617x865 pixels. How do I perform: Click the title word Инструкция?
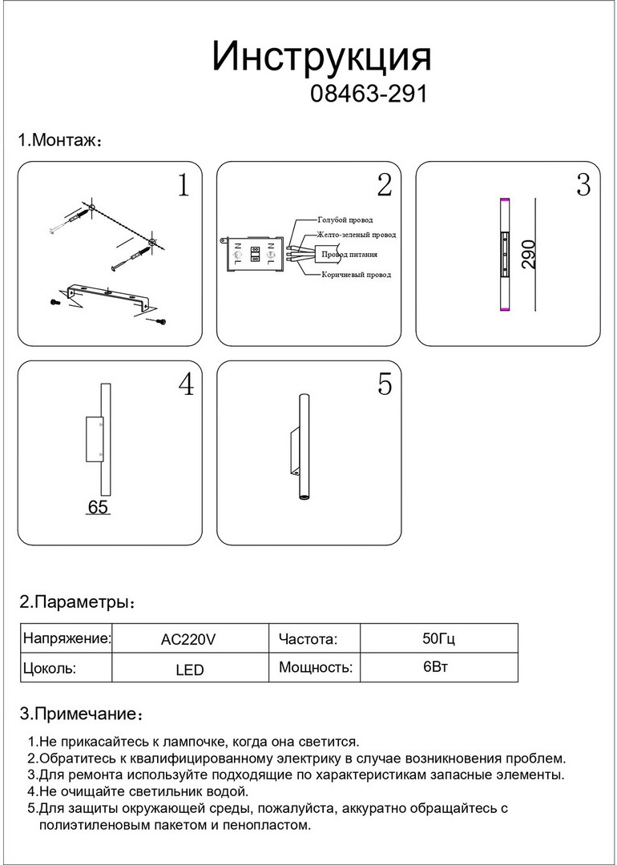point(321,58)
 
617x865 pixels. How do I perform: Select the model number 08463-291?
point(368,95)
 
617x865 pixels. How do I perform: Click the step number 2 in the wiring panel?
point(384,185)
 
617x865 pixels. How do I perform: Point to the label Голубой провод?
point(345,219)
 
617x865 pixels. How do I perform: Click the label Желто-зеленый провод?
point(356,235)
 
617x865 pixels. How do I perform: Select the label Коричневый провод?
point(356,275)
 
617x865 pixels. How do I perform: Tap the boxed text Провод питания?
point(349,255)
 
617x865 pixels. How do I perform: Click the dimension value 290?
point(529,253)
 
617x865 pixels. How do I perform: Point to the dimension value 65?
point(98,508)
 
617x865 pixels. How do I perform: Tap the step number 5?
point(385,385)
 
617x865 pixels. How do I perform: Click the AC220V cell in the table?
point(188,639)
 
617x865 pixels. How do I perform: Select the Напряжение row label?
point(67,639)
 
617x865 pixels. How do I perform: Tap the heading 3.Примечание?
point(80,714)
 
